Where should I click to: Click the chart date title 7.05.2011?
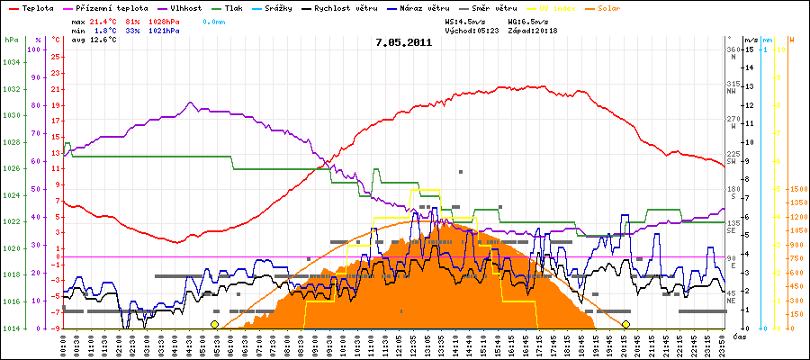(x=404, y=41)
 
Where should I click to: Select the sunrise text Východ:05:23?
(x=474, y=30)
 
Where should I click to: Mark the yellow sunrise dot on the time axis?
(x=214, y=324)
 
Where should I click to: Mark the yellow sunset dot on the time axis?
(x=625, y=324)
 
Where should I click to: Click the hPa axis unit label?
(x=11, y=40)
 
